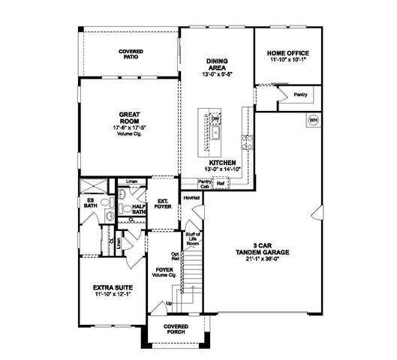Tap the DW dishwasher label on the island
pyautogui.click(x=215, y=118)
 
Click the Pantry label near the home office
pyautogui.click(x=301, y=95)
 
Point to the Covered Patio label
pyautogui.click(x=131, y=54)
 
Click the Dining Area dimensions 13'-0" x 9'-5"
pyautogui.click(x=217, y=74)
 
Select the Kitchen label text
pyautogui.click(x=224, y=162)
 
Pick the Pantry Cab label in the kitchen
pyautogui.click(x=204, y=184)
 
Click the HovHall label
pyautogui.click(x=191, y=197)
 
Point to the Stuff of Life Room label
pyautogui.click(x=192, y=239)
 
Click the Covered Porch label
pyautogui.click(x=176, y=329)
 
